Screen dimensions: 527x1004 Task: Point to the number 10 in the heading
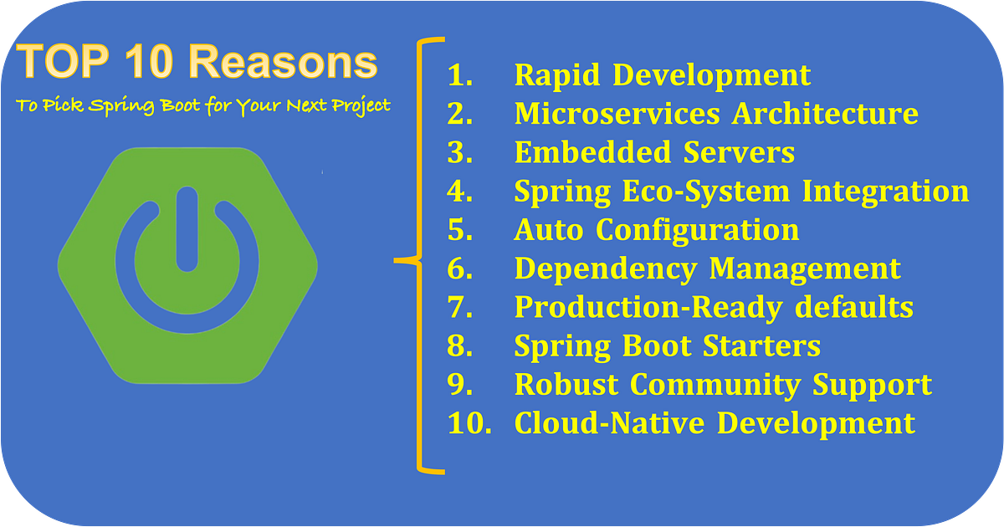(155, 64)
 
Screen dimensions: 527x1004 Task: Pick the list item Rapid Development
(662, 74)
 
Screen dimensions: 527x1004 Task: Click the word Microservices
(618, 113)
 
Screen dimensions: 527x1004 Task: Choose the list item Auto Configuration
(656, 229)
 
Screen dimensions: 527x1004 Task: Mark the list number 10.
(466, 423)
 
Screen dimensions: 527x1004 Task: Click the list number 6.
(460, 269)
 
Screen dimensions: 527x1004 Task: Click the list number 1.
(459, 74)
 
